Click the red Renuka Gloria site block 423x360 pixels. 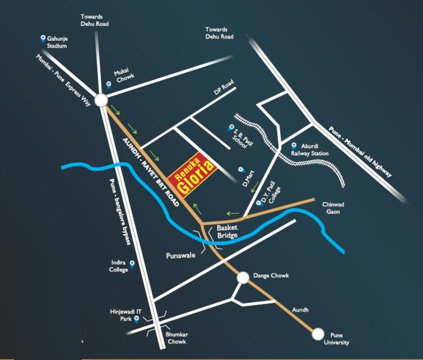pyautogui.click(x=194, y=174)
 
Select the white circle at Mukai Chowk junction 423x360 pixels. pyautogui.click(x=101, y=100)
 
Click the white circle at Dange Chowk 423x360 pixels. pyautogui.click(x=243, y=277)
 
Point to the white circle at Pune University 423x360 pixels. pyautogui.click(x=318, y=334)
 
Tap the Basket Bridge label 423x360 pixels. pyautogui.click(x=227, y=232)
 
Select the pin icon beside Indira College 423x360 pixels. pyautogui.click(x=132, y=263)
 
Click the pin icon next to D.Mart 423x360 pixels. pyautogui.click(x=240, y=169)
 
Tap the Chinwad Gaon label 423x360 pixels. pyautogui.click(x=333, y=208)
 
